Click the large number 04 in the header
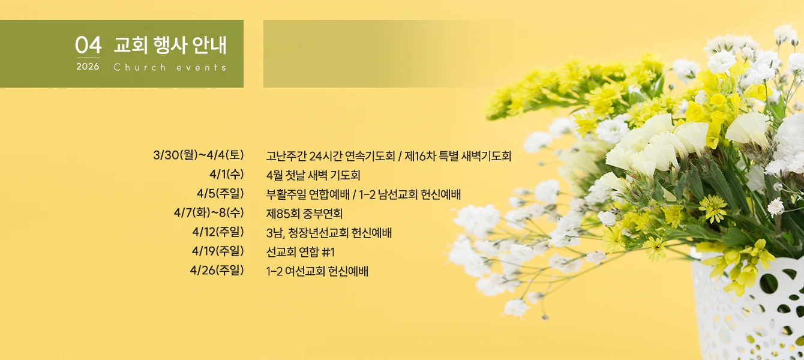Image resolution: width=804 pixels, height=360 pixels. tap(88, 45)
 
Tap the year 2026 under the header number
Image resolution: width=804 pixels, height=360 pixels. tap(88, 67)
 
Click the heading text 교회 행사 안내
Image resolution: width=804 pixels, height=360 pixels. tap(170, 45)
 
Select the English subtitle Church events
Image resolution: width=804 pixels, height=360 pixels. tap(170, 67)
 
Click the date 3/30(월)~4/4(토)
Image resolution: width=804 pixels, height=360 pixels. tap(199, 155)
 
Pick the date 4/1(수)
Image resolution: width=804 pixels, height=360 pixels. tap(227, 175)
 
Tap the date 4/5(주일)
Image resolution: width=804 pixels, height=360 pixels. tap(220, 193)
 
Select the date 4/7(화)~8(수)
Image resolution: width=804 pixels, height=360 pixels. tap(209, 213)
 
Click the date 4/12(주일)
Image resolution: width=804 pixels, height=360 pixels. tap(218, 232)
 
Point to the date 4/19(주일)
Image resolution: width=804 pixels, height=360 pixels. tap(218, 251)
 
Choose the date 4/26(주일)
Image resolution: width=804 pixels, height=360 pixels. tap(217, 270)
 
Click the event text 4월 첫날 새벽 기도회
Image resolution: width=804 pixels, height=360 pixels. tap(313, 175)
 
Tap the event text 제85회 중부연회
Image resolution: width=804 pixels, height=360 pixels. tap(304, 214)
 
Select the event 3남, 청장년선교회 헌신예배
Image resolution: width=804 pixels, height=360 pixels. tap(329, 233)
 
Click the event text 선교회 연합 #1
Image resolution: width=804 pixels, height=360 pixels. tap(301, 252)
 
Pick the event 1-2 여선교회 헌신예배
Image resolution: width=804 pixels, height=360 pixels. tap(317, 271)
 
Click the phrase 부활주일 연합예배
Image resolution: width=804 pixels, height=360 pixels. tap(308, 194)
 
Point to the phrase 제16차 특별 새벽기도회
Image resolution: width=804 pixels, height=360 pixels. tap(458, 156)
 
